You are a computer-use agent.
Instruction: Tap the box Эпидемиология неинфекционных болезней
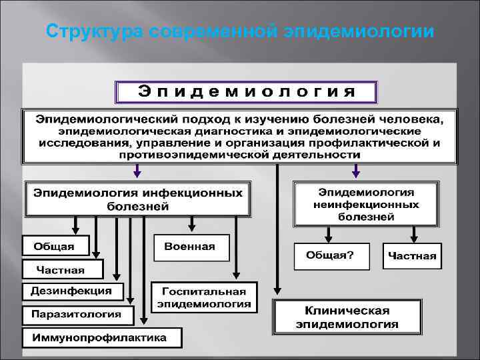point(366,204)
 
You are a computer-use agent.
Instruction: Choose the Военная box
point(190,247)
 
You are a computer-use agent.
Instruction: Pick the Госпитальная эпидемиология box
point(204,297)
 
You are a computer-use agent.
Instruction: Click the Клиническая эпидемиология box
point(347,317)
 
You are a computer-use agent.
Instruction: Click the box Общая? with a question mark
point(330,255)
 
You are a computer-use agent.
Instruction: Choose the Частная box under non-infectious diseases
point(412,256)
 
